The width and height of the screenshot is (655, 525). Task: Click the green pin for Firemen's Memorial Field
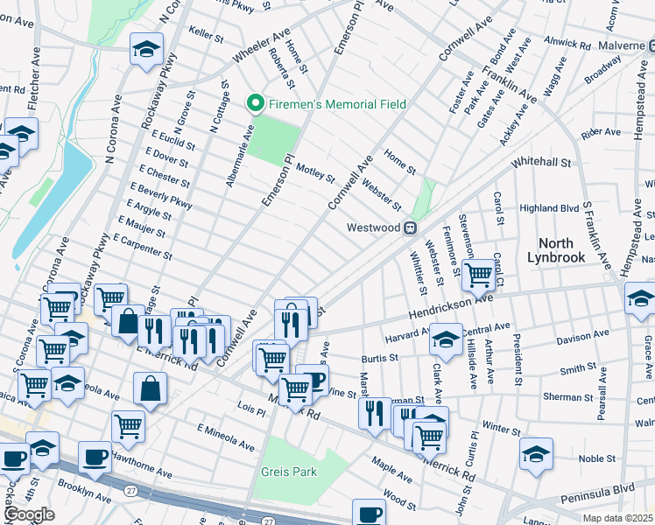(256, 105)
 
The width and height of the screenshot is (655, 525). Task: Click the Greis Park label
(288, 472)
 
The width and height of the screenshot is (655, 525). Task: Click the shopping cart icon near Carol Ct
(478, 273)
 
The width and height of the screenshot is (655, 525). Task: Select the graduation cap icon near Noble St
(536, 452)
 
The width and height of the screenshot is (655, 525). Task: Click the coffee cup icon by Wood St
(370, 512)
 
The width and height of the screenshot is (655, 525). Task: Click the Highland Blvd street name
(549, 208)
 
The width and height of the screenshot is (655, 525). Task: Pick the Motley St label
(315, 172)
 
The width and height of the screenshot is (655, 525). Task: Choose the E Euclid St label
(172, 140)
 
